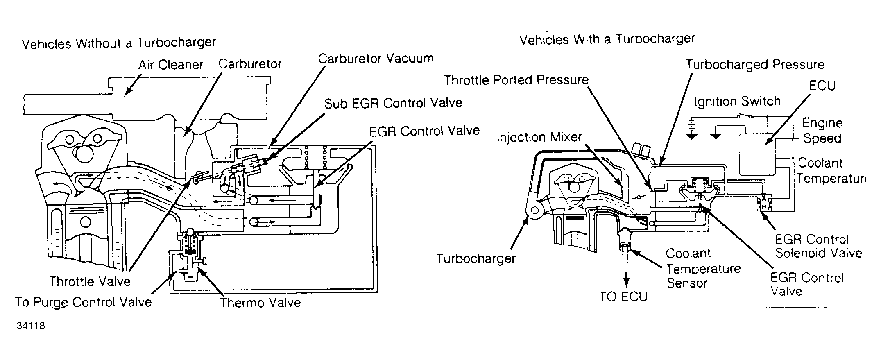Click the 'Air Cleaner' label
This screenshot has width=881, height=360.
(171, 65)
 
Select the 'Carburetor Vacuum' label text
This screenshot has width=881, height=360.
(376, 59)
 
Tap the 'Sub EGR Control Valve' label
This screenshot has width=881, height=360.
(394, 103)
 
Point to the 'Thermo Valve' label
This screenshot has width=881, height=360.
(260, 303)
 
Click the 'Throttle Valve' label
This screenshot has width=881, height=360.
(90, 281)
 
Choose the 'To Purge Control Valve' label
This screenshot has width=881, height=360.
(84, 302)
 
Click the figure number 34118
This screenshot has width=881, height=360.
(31, 326)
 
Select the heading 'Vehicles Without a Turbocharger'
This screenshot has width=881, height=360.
(119, 43)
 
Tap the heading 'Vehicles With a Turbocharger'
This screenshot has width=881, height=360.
(607, 39)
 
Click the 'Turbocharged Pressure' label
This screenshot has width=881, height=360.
(755, 65)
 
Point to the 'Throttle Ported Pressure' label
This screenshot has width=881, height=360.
(516, 80)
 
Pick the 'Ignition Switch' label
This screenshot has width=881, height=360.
(737, 102)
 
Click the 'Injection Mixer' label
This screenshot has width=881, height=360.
(539, 137)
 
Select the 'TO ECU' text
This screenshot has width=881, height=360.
(624, 297)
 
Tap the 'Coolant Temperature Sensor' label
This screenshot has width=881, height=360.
(703, 268)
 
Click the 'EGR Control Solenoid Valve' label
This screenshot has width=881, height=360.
(818, 246)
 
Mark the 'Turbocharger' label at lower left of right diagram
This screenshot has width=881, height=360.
(476, 259)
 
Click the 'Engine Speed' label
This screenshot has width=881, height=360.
(822, 131)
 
